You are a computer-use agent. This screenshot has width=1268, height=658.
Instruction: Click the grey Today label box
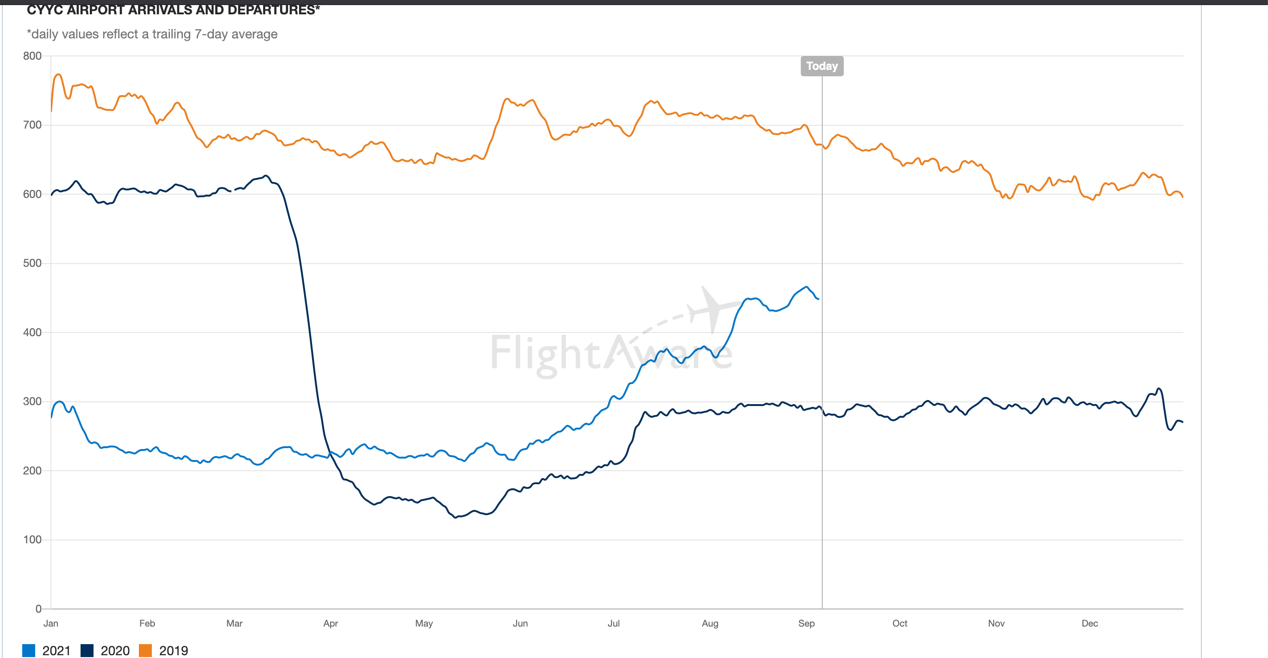[822, 66]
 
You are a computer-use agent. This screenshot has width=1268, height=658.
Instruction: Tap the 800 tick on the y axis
[32, 55]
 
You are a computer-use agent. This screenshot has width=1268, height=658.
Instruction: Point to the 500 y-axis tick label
[32, 263]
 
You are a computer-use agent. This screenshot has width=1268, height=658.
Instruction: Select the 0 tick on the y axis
[38, 609]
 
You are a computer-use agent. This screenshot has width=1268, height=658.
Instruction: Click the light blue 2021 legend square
[29, 650]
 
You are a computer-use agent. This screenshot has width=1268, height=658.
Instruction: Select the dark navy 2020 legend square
[87, 650]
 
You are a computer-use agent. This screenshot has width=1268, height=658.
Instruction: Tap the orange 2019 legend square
[145, 650]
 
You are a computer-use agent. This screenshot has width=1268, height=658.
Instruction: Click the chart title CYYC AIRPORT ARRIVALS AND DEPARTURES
[173, 9]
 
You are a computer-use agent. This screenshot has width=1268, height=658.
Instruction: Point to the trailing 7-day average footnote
[152, 34]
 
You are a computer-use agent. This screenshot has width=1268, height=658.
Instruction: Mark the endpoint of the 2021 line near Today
[818, 299]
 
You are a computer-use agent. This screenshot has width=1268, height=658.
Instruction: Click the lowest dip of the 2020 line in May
[456, 517]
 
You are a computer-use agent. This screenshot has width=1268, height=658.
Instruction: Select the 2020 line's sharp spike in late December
[1159, 388]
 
